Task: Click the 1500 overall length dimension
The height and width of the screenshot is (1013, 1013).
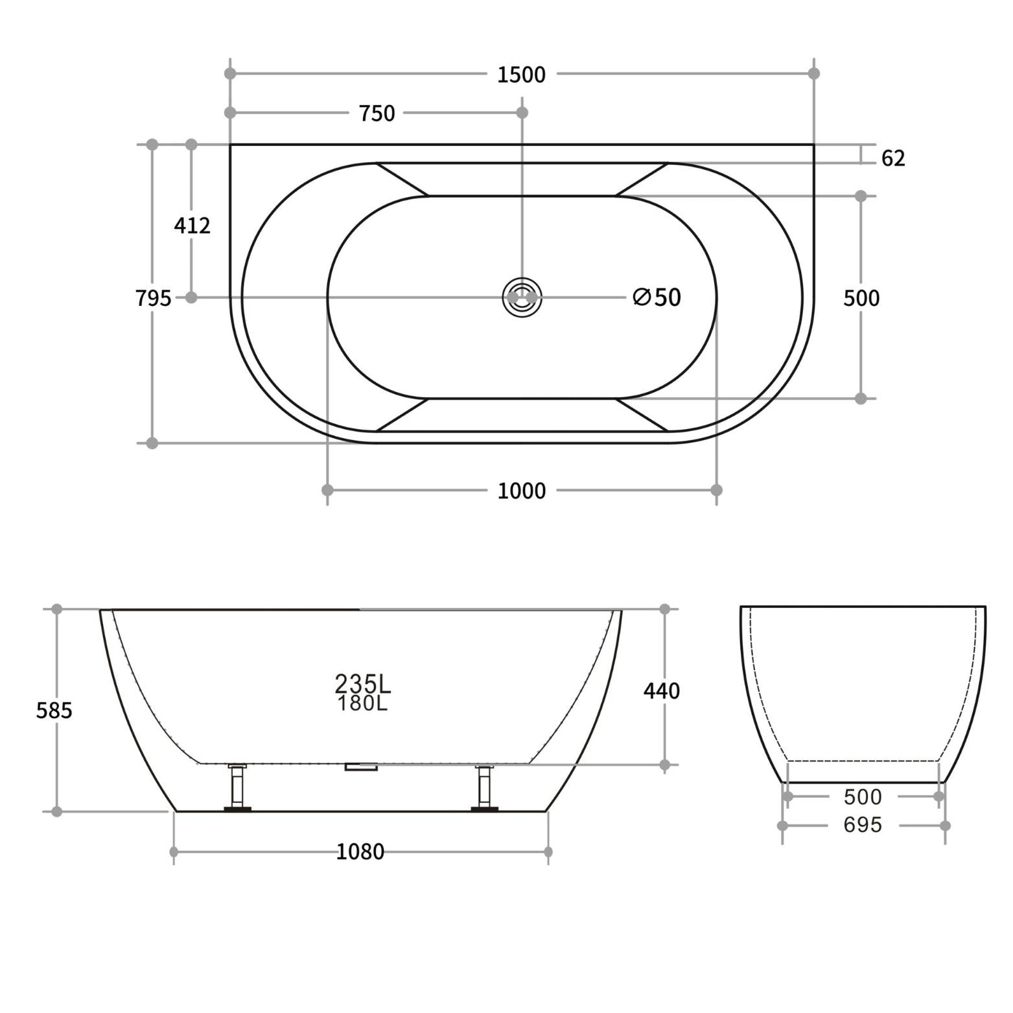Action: (521, 75)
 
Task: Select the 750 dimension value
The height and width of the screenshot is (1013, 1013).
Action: (377, 113)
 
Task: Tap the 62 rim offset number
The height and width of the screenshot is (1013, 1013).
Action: (892, 158)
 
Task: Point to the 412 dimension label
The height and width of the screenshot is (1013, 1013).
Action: (192, 226)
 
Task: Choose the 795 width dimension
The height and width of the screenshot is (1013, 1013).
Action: (153, 298)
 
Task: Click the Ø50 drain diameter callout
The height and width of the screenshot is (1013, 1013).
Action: (657, 297)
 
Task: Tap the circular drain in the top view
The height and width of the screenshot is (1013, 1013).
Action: (522, 297)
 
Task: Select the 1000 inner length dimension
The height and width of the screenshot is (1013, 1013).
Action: (521, 491)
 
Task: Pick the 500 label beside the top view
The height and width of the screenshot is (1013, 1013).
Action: (861, 298)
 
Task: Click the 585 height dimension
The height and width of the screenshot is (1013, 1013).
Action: (54, 711)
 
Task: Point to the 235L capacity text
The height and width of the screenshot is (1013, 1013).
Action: (362, 682)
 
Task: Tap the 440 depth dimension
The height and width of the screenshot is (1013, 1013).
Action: (661, 691)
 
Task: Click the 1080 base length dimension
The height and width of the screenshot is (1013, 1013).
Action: (360, 852)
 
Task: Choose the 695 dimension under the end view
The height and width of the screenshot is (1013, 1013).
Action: (863, 825)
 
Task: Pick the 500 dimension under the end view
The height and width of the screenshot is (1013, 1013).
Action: (863, 797)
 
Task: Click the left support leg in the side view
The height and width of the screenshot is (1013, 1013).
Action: (237, 787)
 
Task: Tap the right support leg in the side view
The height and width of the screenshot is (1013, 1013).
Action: (484, 787)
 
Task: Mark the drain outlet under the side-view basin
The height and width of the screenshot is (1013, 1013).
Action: (361, 767)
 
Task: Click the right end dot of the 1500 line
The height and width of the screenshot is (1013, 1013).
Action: (814, 73)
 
